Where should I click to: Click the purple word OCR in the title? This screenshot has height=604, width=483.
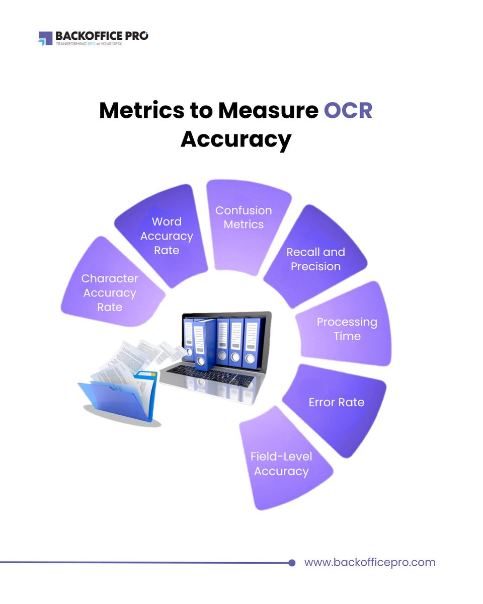pyautogui.click(x=348, y=111)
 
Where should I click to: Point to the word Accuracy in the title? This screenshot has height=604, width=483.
pyautogui.click(x=236, y=139)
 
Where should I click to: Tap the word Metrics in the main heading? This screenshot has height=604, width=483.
pyautogui.click(x=142, y=111)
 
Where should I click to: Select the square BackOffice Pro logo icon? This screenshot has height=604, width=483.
pyautogui.click(x=45, y=38)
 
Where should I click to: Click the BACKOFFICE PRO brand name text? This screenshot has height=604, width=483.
pyautogui.click(x=102, y=36)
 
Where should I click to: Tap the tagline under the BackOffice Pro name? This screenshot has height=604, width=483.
pyautogui.click(x=89, y=44)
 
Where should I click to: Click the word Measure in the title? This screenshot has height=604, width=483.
pyautogui.click(x=269, y=111)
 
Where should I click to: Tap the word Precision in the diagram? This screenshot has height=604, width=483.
pyautogui.click(x=316, y=267)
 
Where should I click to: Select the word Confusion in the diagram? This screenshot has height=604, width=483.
pyautogui.click(x=244, y=210)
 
